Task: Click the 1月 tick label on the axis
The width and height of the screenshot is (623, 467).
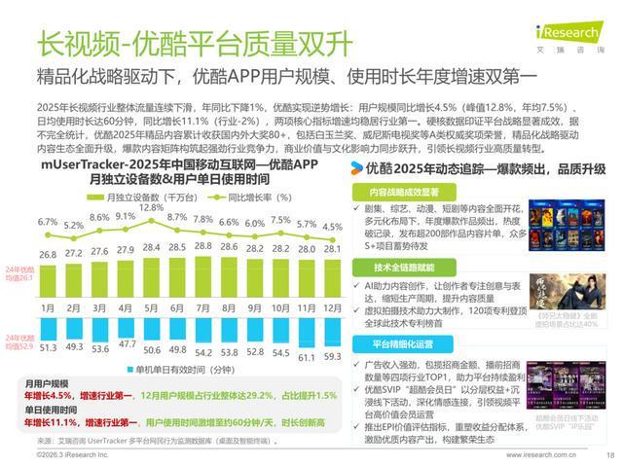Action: (49, 308)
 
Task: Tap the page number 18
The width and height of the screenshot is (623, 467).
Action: (610, 454)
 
